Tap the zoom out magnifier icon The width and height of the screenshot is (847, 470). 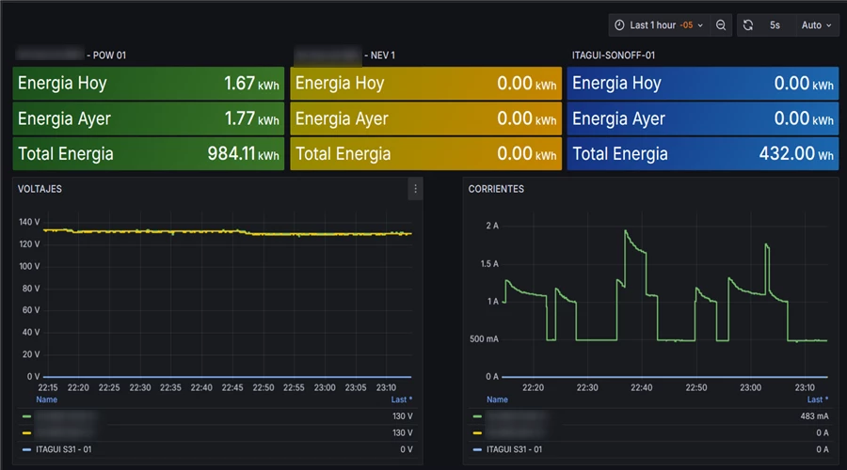(x=721, y=25)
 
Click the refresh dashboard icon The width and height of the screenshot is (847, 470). (x=747, y=25)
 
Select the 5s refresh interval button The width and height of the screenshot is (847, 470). (x=775, y=25)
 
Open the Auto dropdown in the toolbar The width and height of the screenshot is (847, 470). (x=817, y=25)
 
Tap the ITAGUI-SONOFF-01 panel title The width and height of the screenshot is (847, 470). (x=614, y=55)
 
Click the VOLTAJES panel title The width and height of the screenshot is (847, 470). (x=40, y=189)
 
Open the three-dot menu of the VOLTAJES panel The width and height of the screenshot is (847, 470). (x=415, y=189)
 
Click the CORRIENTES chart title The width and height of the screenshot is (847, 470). (x=496, y=189)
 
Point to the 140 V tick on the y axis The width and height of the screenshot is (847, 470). (x=28, y=222)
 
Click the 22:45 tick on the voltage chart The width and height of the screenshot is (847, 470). (x=232, y=387)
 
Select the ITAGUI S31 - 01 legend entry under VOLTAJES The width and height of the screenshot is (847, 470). (x=63, y=449)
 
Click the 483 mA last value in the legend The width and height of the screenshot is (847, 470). (x=815, y=415)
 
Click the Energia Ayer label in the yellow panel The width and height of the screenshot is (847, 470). (x=341, y=119)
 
